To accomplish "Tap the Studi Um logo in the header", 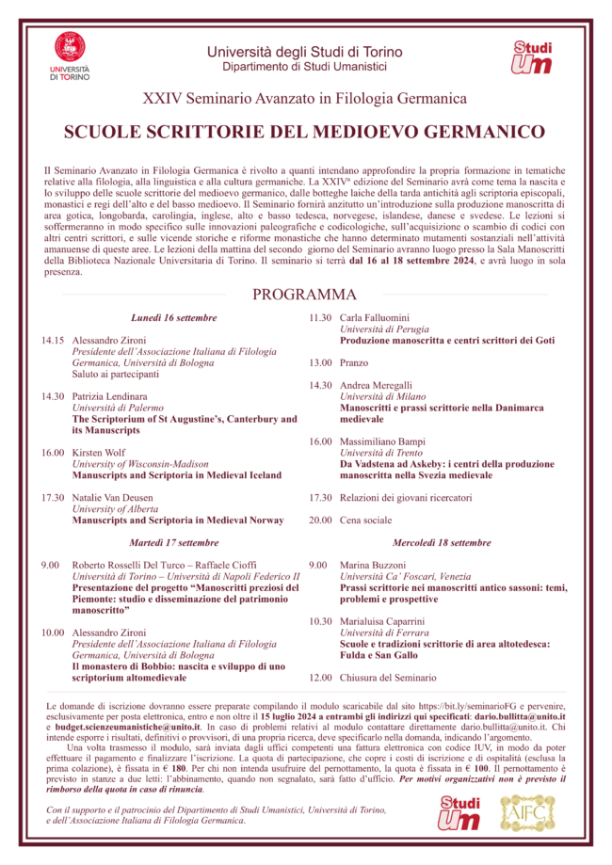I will pyautogui.click(x=532, y=57).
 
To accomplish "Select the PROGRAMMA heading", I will pyautogui.click(x=304, y=295).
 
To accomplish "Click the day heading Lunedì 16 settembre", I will pyautogui.click(x=174, y=318).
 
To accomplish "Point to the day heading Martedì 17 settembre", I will pyautogui.click(x=173, y=543).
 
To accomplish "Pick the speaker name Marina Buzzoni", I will pyautogui.click(x=376, y=565).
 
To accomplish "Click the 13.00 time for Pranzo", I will pyautogui.click(x=320, y=362).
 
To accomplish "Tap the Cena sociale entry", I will pyautogui.click(x=365, y=520).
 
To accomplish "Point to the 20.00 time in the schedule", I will pyautogui.click(x=320, y=520).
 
